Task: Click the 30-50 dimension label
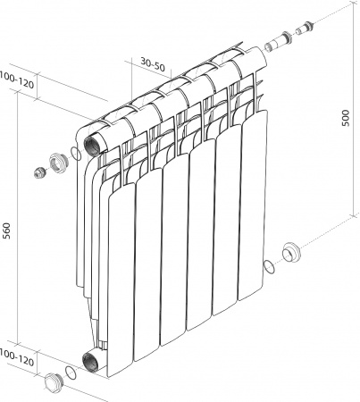153,64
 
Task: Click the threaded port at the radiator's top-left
93,144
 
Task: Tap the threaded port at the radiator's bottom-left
93,361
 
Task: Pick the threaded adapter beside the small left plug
59,163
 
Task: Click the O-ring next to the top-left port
75,154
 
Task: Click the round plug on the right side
291,251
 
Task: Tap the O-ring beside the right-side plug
269,265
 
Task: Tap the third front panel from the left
174,250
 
